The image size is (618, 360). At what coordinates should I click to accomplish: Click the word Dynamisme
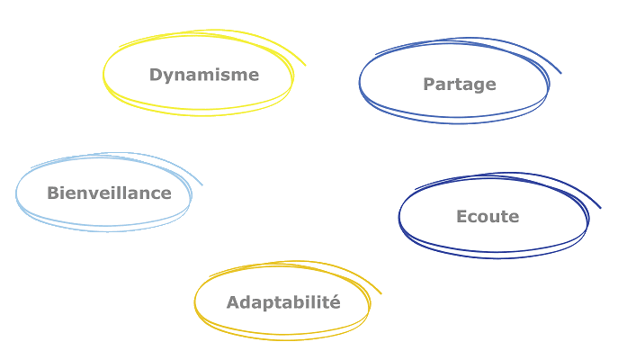[x=203, y=75]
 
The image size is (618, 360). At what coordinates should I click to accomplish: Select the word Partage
[x=459, y=85]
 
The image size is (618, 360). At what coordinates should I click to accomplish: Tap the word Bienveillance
[x=109, y=193]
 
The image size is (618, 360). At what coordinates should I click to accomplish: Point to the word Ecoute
[x=487, y=217]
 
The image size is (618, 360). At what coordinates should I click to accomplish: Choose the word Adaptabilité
[x=282, y=302]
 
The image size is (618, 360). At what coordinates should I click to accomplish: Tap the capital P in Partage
[x=428, y=85]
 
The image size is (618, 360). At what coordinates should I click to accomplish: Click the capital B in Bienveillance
[x=52, y=193]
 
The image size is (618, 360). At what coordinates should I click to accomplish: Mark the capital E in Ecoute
[x=461, y=217]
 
